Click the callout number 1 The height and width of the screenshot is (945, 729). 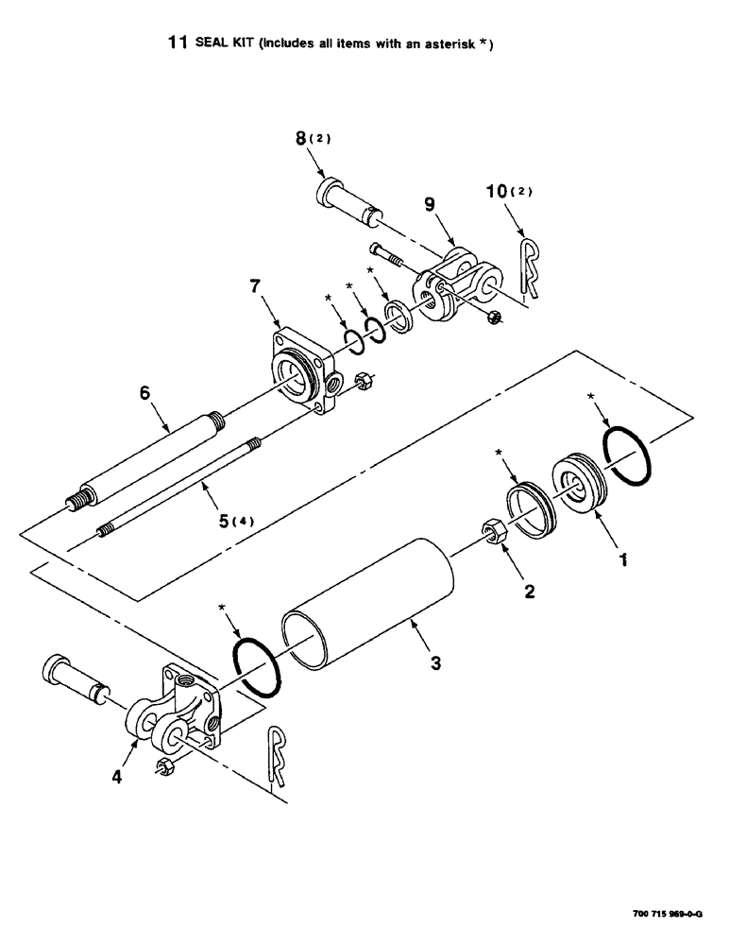[x=622, y=558]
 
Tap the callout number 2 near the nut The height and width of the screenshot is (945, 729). [x=530, y=593]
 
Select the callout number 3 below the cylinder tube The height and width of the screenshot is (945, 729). [x=435, y=664]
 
